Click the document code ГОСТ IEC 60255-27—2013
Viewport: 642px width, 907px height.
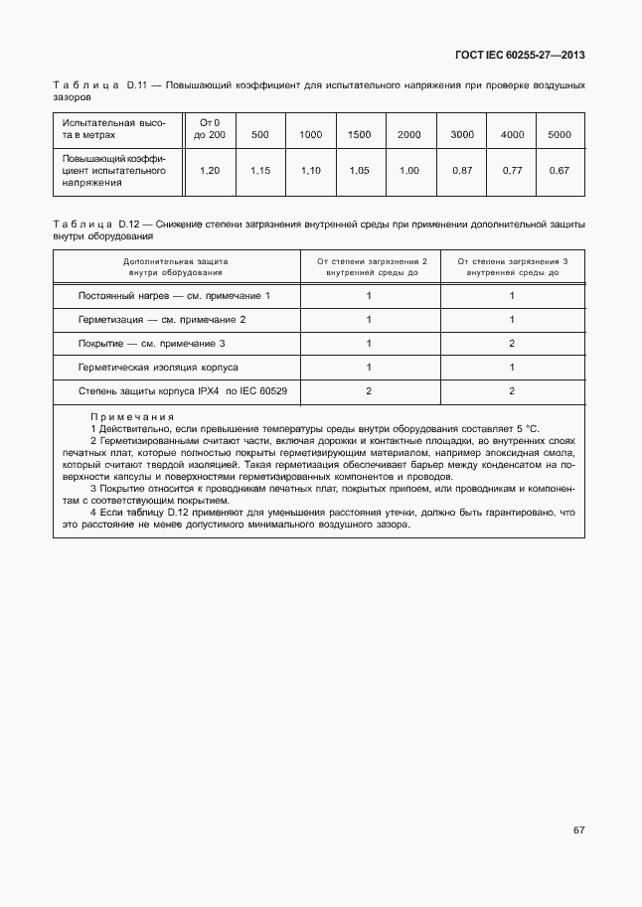coord(520,55)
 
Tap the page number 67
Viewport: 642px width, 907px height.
coord(578,830)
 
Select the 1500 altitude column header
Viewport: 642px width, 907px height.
coord(360,134)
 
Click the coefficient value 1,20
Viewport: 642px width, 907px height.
coord(210,171)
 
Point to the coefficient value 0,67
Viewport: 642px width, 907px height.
coord(560,171)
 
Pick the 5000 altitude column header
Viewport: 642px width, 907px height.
coord(560,134)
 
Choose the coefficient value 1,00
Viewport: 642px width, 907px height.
coord(409,171)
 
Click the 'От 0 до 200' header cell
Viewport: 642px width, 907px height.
coord(210,128)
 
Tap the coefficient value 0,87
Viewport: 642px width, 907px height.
coord(461,171)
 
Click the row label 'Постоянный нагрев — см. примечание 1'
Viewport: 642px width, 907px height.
coord(174,296)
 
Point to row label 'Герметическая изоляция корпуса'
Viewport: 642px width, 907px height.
coord(158,368)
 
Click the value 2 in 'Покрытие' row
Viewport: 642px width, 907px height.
coord(511,344)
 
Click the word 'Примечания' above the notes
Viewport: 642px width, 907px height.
coord(131,417)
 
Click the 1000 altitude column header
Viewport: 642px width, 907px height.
coord(310,134)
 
